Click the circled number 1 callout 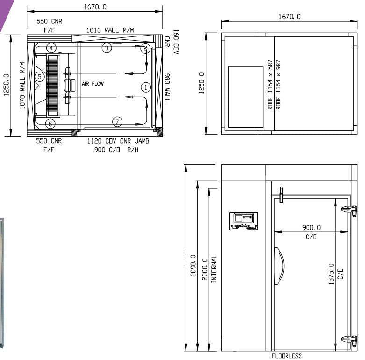(146, 87)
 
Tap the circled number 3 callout (107, 48)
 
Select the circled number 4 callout (51, 48)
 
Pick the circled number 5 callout (39, 77)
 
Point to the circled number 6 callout (50, 123)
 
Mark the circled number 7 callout (117, 122)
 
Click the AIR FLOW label (93, 84)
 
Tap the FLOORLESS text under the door (286, 356)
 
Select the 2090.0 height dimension (193, 266)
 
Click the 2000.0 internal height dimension (205, 269)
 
